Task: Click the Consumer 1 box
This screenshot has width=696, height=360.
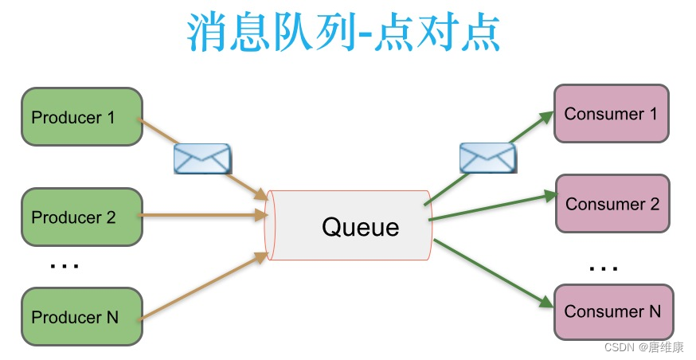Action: [611, 114]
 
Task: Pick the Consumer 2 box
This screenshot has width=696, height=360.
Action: [612, 204]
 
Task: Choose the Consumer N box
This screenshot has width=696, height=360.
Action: [612, 311]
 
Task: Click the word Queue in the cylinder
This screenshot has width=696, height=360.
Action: [360, 227]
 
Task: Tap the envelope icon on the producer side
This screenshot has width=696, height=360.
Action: [202, 158]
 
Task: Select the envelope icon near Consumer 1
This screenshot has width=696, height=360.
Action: [487, 158]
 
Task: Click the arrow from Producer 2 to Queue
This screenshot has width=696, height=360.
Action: [203, 214]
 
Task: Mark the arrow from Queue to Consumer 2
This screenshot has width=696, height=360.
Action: [490, 206]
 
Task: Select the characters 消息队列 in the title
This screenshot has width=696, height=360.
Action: [263, 33]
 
